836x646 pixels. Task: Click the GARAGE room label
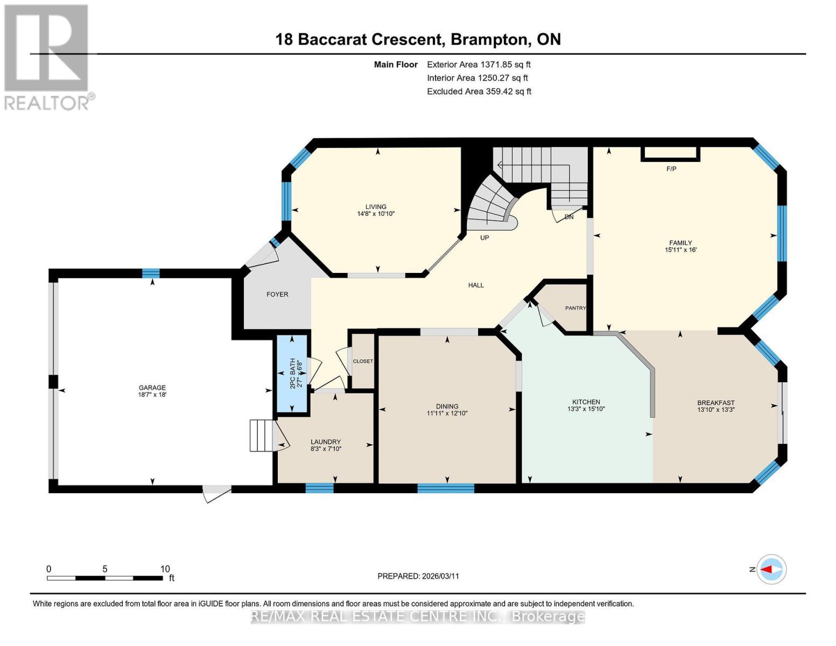[x=152, y=387]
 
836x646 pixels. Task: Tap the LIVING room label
[x=376, y=207]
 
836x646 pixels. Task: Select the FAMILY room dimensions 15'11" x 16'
[x=680, y=250]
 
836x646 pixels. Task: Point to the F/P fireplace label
[x=671, y=169]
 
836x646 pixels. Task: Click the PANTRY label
[x=575, y=308]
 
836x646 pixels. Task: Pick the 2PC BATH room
[x=292, y=374]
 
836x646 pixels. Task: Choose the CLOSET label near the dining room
[x=363, y=361]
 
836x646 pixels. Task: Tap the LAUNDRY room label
[x=326, y=441]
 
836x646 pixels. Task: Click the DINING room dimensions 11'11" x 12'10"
[x=447, y=413]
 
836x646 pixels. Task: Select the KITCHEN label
[x=586, y=402]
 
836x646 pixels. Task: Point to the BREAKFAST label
[x=715, y=403]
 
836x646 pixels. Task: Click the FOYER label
[x=277, y=294]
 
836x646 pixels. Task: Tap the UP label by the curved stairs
[x=484, y=237]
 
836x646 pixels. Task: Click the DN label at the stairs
[x=569, y=217]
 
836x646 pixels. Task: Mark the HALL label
[x=476, y=285]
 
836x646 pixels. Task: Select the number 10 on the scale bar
[x=165, y=568]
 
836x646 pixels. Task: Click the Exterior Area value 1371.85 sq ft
[x=505, y=64]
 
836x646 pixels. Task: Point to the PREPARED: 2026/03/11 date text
[x=418, y=576]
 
